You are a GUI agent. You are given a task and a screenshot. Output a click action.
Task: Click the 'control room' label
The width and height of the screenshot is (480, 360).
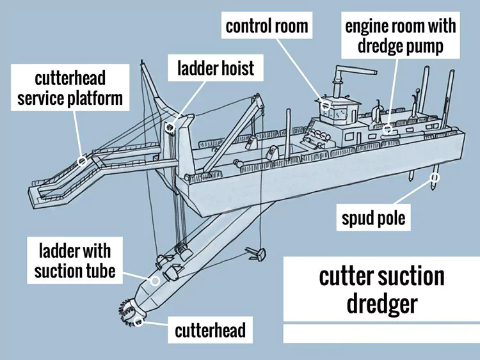point(267,26)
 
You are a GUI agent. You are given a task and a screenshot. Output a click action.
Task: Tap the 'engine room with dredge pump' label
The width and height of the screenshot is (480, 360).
point(401,36)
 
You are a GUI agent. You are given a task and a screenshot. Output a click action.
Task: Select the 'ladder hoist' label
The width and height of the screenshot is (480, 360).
point(216,67)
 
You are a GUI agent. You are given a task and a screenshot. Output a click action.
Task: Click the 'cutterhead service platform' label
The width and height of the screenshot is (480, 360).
point(70,90)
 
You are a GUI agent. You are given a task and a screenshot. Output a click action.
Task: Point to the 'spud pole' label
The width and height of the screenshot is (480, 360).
point(373,219)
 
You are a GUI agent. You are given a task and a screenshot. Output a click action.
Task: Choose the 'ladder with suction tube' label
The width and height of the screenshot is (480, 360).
point(75,260)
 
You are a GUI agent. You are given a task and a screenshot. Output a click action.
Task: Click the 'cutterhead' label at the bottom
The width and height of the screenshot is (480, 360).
point(210,331)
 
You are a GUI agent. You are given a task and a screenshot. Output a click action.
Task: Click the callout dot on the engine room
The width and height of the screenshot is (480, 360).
point(387,129)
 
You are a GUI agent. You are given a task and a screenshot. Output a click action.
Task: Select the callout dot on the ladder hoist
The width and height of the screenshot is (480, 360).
point(170,127)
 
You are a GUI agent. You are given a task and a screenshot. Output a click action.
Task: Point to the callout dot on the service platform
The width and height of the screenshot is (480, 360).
point(82,161)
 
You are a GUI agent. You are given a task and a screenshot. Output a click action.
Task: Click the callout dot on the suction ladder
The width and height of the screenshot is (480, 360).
point(154,281)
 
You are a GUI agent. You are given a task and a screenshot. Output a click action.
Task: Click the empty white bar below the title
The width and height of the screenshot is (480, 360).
point(381,333)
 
